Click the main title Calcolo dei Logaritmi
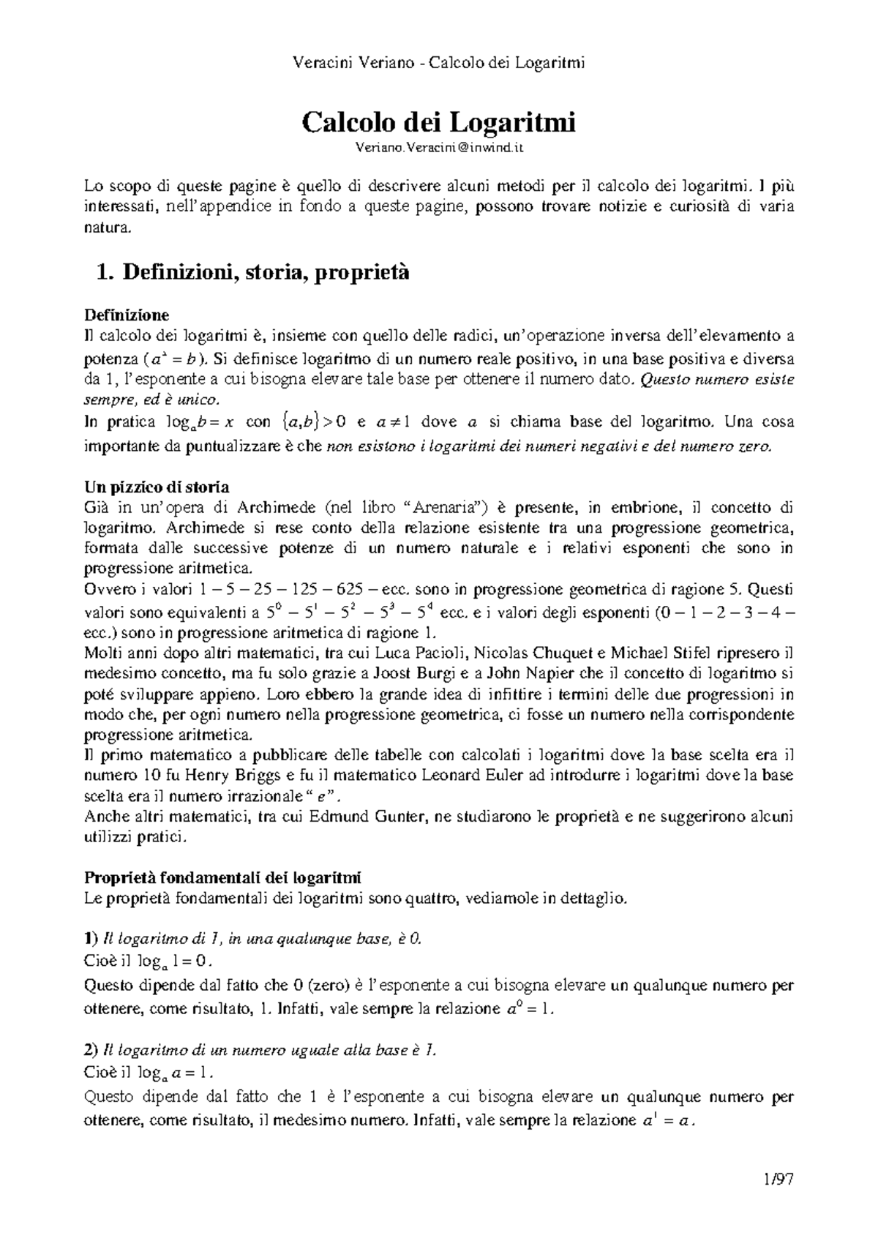coord(439,121)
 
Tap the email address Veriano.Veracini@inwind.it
coord(439,149)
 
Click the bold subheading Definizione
coord(127,315)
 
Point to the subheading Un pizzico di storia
coord(157,487)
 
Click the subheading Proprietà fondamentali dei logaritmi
coord(222,877)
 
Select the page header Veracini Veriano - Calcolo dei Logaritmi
coord(439,63)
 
